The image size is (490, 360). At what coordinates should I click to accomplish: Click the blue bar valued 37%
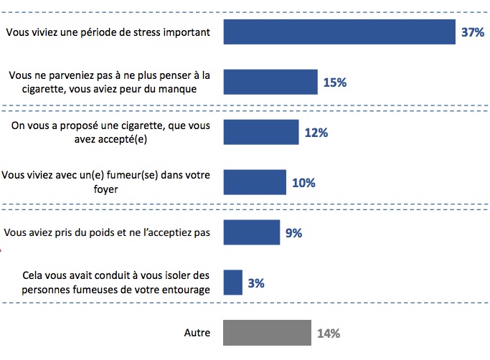coord(339,32)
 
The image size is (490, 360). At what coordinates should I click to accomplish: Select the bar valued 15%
coord(270,82)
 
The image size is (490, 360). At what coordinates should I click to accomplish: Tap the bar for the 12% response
coord(261,132)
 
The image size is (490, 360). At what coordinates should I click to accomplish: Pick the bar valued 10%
coord(255,182)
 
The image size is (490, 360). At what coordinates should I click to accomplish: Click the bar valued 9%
coord(252,232)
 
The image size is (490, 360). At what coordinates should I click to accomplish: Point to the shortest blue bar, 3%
coord(233,283)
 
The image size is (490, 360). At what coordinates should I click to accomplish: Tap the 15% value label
coord(335,82)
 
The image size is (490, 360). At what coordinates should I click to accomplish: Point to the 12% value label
coord(316,133)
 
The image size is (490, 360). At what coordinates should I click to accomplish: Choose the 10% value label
coord(303,183)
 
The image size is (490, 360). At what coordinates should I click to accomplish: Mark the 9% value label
coord(294,233)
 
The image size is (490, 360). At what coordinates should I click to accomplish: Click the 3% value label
coord(256,283)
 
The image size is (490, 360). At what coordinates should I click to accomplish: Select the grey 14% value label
coord(328,333)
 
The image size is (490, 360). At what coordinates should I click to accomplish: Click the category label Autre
coord(197,333)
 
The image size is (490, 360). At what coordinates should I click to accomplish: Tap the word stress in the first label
coord(143,32)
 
